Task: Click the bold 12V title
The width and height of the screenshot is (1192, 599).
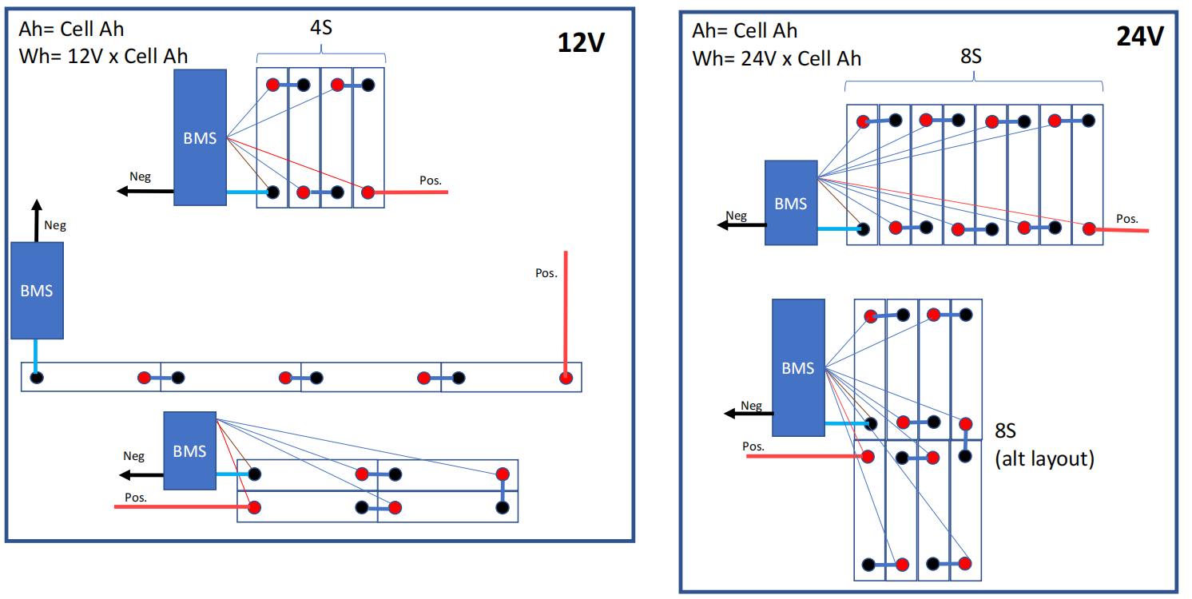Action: pyautogui.click(x=582, y=43)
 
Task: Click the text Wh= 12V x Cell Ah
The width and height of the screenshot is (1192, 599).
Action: pyautogui.click(x=103, y=57)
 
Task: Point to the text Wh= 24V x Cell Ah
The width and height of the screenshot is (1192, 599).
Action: pyautogui.click(x=777, y=58)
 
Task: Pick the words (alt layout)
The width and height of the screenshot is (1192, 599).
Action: pyautogui.click(x=1044, y=458)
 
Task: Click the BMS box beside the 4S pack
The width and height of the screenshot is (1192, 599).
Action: pyautogui.click(x=200, y=137)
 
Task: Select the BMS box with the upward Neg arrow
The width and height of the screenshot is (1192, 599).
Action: pyautogui.click(x=37, y=290)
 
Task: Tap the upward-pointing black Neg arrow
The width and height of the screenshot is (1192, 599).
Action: pyautogui.click(x=37, y=220)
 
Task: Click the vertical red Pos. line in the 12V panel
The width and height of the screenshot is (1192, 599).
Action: pyautogui.click(x=566, y=311)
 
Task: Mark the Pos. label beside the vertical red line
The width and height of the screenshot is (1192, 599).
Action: pyautogui.click(x=546, y=273)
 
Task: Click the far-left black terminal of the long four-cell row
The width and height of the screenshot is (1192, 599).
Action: pyautogui.click(x=37, y=378)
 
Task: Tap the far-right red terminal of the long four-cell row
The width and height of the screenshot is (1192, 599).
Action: pyautogui.click(x=566, y=378)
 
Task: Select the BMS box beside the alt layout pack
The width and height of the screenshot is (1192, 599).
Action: pyautogui.click(x=798, y=367)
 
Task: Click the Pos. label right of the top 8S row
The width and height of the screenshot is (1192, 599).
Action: pyautogui.click(x=1127, y=218)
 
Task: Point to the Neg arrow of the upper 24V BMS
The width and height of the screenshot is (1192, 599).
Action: pyautogui.click(x=740, y=225)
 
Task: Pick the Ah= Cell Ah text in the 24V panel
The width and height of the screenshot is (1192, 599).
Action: pyautogui.click(x=745, y=30)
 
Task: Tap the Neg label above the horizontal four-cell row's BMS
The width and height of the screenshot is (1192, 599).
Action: pyautogui.click(x=55, y=225)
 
